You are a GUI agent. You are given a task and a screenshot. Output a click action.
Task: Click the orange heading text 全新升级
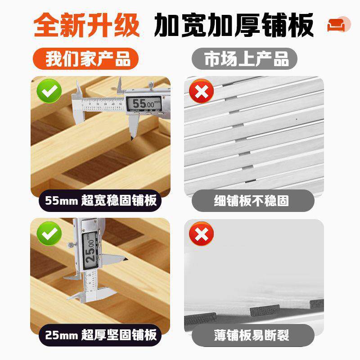click(86, 27)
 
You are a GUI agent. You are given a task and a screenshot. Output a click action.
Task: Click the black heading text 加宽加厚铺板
click(234, 27)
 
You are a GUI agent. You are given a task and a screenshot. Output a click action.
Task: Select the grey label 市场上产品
click(246, 59)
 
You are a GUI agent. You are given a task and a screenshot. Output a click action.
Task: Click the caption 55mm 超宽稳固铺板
click(101, 200)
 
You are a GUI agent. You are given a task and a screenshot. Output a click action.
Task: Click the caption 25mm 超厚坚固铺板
click(101, 335)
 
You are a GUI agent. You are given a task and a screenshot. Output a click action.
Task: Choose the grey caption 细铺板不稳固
click(251, 200)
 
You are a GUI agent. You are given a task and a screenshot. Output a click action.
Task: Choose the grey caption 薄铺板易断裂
click(251, 335)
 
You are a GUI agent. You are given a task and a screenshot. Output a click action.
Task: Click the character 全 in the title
click(47, 27)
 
